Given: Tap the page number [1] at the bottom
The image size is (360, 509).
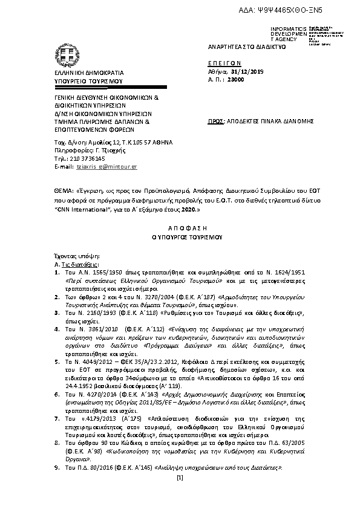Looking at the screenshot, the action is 180,479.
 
